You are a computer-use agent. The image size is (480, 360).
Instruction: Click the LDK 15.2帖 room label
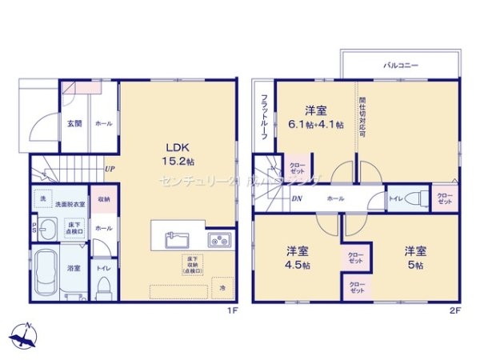(x=177, y=153)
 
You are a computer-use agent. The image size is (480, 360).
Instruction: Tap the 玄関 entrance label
(x=74, y=123)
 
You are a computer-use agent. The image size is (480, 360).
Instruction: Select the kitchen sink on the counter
(x=177, y=239)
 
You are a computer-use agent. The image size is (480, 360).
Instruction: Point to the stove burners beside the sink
(x=219, y=239)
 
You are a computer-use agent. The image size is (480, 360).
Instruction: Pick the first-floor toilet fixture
(x=103, y=290)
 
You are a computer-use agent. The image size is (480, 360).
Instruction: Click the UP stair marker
(x=109, y=170)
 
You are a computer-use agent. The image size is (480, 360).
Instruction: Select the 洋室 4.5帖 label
(x=298, y=258)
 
